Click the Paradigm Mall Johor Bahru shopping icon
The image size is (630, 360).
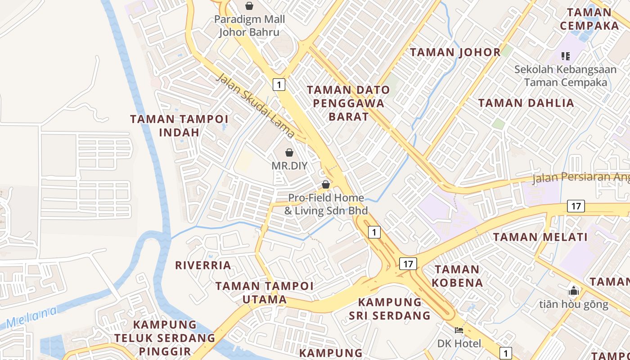(x=249, y=6)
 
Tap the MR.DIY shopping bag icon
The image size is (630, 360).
(x=289, y=153)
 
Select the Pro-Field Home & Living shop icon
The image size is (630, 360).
(x=326, y=184)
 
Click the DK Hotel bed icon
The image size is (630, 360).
(x=459, y=330)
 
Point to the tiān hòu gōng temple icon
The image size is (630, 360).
(x=573, y=290)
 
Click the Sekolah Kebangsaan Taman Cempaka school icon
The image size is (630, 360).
(x=566, y=56)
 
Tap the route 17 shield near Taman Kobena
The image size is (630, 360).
(x=408, y=264)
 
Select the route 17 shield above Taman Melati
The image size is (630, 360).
(x=576, y=206)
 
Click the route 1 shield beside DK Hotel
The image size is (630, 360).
(x=506, y=353)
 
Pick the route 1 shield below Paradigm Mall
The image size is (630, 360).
(x=279, y=84)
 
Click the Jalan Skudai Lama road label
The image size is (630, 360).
(x=256, y=106)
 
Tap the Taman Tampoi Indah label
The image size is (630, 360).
(x=179, y=126)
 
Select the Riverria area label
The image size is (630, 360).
(x=203, y=265)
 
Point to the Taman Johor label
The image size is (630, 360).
(x=455, y=52)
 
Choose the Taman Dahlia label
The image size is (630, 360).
(x=526, y=103)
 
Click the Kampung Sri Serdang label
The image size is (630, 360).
(x=390, y=309)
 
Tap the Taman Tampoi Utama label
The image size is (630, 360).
(x=265, y=292)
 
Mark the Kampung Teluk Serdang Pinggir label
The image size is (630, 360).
(x=165, y=337)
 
